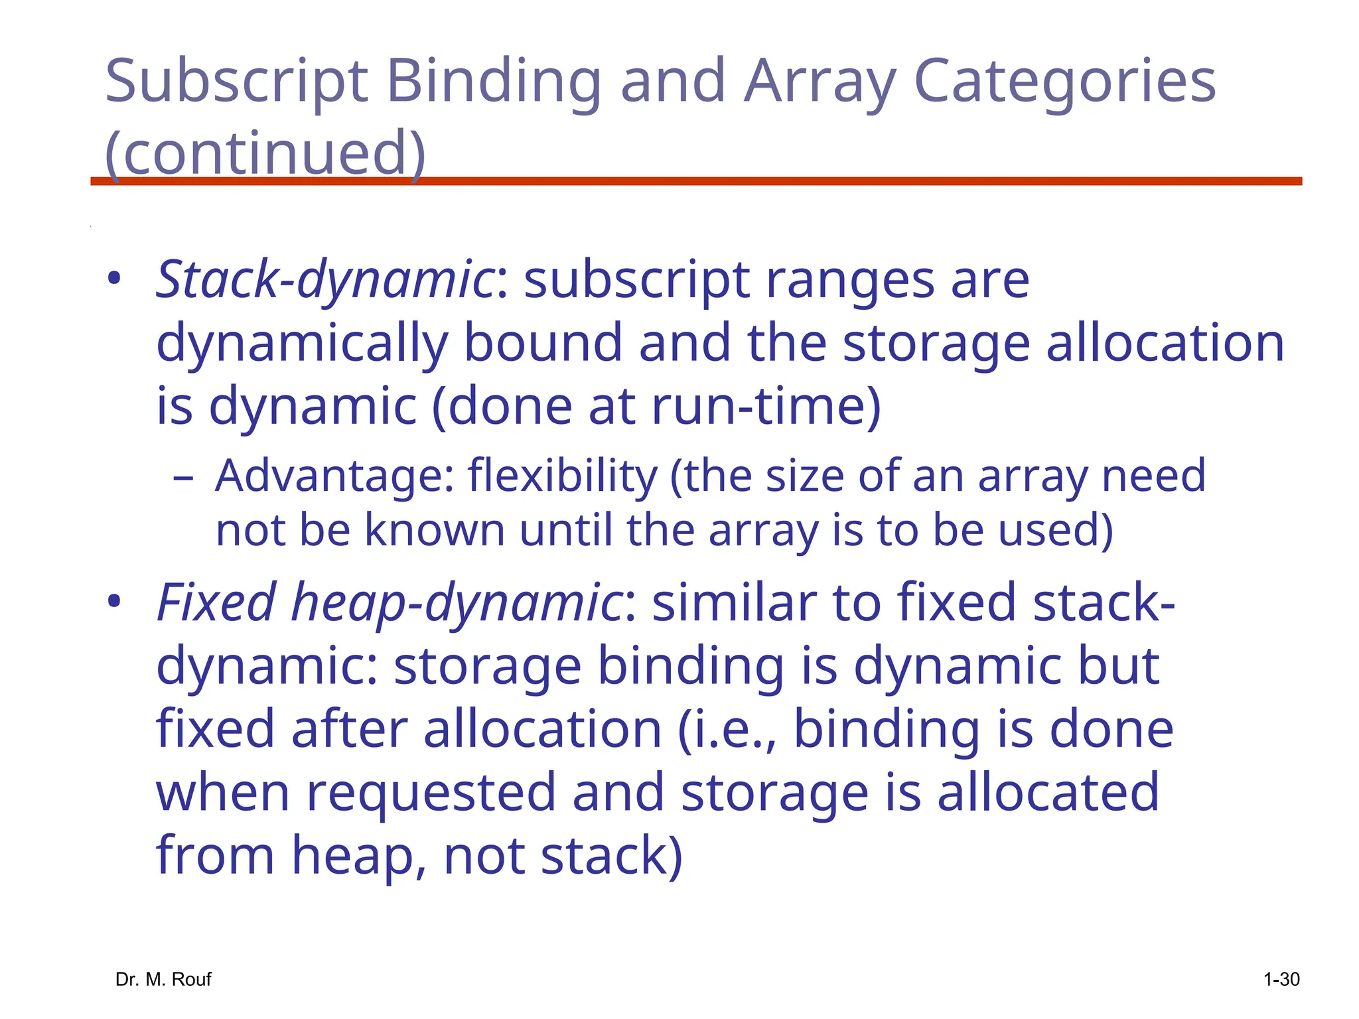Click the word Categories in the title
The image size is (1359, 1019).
(1064, 82)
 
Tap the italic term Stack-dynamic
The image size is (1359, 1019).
(324, 280)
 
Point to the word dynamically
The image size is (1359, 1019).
(301, 343)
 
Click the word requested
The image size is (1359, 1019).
(431, 792)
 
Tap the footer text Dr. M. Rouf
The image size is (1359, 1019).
(163, 979)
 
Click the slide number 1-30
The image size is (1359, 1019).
(1281, 979)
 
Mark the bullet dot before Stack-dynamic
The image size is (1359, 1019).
(115, 279)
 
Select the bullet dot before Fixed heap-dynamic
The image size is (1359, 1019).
(115, 602)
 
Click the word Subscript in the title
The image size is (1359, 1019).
(236, 82)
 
